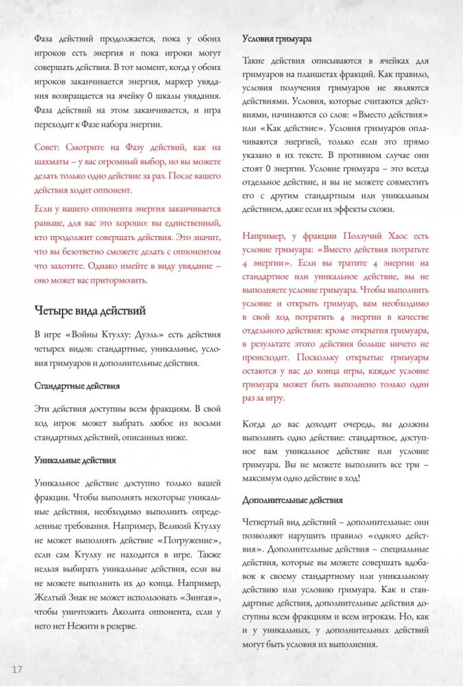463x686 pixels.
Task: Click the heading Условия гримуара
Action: (x=277, y=39)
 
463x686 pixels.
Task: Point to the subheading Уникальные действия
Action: (x=75, y=460)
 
